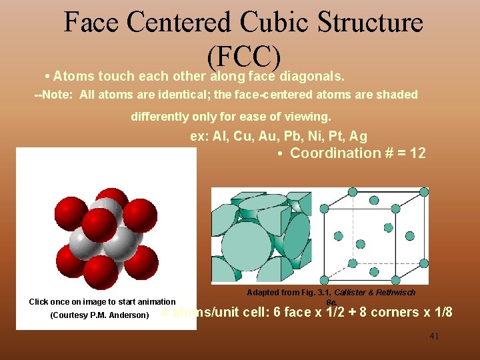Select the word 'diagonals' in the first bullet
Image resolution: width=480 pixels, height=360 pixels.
coord(313,75)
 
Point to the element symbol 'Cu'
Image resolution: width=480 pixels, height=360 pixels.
coord(244,136)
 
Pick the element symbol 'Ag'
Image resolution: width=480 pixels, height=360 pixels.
coord(359,136)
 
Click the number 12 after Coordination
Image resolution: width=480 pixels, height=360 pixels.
coord(418,153)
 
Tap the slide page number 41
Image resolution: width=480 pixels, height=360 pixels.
coord(434,336)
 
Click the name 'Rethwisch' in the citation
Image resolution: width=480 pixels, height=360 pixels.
coord(397,293)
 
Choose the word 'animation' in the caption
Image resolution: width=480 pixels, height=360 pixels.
coord(153,302)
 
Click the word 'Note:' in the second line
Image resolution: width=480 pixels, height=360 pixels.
coord(59,95)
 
